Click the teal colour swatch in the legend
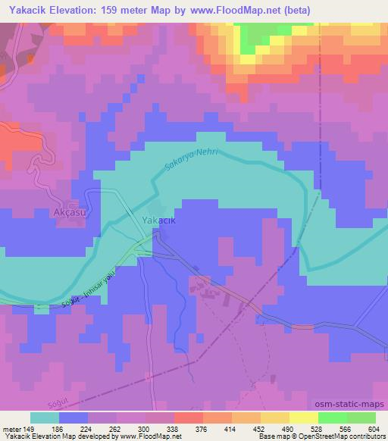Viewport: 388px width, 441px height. (45, 418)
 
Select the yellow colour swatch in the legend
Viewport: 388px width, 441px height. (304, 418)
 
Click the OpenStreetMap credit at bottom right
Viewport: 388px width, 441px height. (328, 436)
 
